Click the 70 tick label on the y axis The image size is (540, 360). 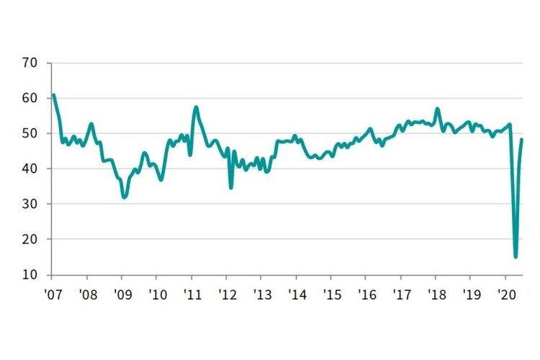tap(29, 63)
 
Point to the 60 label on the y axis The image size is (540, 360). tap(29, 98)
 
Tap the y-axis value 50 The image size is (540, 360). tap(29, 133)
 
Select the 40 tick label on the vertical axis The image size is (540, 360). tap(29, 168)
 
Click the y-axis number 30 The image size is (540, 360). tap(29, 204)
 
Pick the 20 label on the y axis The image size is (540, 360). tap(29, 239)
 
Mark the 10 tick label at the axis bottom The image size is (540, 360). tap(29, 274)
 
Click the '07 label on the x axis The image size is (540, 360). tap(52, 294)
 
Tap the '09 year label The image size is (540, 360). tap(122, 294)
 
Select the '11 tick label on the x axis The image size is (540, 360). tap(192, 294)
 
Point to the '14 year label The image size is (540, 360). tap(296, 294)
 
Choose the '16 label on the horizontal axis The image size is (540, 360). tap(366, 294)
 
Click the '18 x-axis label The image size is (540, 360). tap(436, 294)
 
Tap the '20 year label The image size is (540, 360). tap(505, 294)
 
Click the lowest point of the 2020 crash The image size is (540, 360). tap(516, 256)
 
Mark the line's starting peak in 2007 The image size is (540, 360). tap(54, 95)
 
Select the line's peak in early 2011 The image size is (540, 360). tap(196, 107)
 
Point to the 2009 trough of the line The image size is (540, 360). tap(125, 197)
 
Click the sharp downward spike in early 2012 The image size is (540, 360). tap(231, 188)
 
